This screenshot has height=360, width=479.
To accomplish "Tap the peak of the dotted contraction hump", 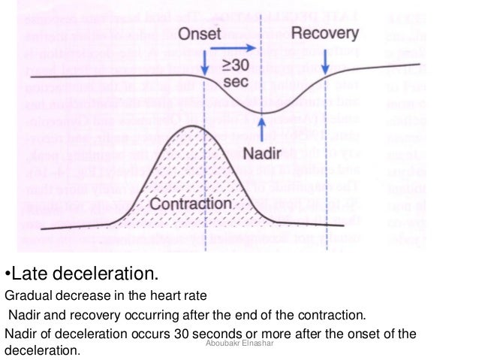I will click(185, 126).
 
